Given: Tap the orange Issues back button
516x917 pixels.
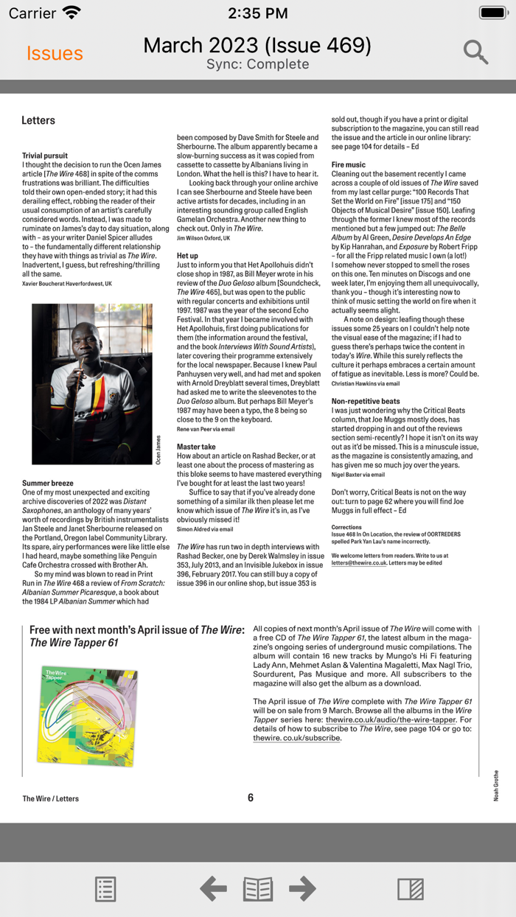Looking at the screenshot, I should (55, 53).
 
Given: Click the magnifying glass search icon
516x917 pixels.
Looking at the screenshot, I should (476, 52).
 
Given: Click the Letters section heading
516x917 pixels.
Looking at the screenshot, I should (38, 120).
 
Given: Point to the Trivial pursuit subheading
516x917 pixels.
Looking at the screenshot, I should (45, 156).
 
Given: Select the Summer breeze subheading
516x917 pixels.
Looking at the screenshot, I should (47, 484).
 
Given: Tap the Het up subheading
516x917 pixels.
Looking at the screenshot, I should (187, 256).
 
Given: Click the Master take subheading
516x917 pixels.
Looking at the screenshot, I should (196, 447).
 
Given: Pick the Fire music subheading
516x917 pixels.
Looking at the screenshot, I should (348, 164).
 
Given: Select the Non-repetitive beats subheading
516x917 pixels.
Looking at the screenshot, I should (366, 401).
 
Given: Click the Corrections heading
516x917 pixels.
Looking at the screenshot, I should (346, 527).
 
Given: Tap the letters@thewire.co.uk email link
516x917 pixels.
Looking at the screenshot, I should (359, 562).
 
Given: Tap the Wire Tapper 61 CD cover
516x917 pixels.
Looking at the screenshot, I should (89, 714).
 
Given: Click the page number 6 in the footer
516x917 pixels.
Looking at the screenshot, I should (251, 798).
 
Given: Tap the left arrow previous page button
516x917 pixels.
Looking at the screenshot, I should (213, 888).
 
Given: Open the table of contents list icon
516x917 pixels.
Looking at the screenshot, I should (105, 889).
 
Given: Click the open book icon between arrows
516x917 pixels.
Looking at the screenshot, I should (258, 889).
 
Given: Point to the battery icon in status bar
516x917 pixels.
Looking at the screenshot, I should (492, 13).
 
